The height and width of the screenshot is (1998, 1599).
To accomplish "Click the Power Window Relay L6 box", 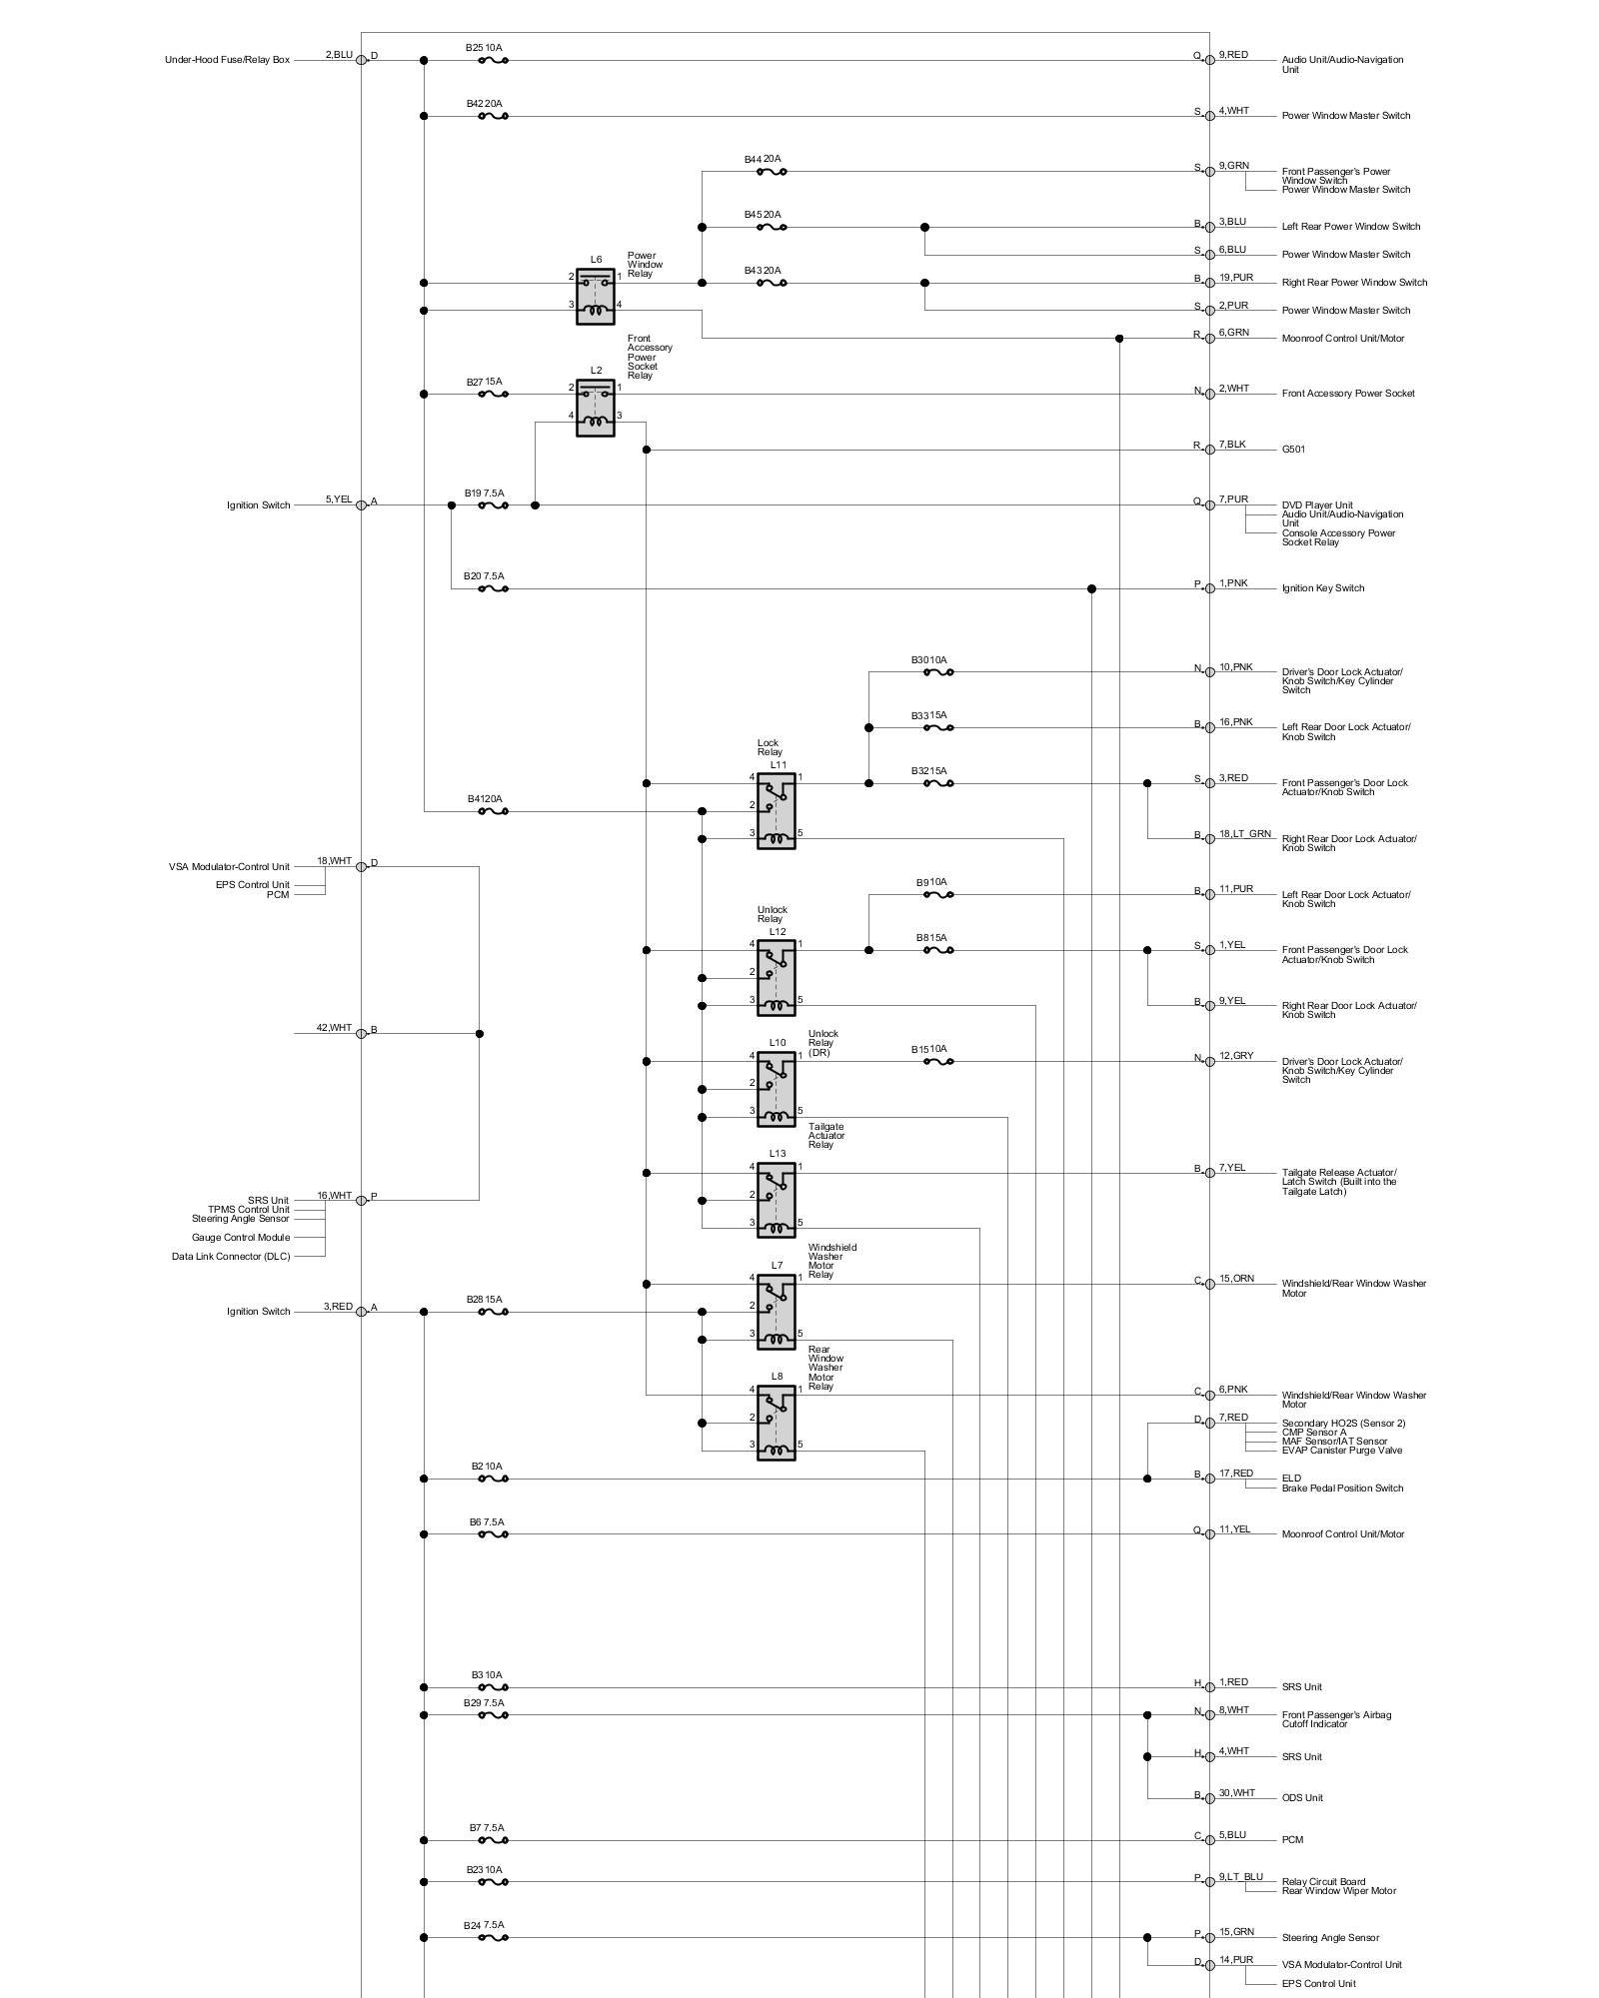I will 596,297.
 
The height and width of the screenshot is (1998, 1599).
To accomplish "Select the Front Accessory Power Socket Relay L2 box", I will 596,408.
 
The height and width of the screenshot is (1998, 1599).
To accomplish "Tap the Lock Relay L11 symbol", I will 777,811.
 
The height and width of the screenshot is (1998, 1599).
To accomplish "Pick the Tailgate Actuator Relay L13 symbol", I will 777,1200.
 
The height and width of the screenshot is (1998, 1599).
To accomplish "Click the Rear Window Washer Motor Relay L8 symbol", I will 777,1423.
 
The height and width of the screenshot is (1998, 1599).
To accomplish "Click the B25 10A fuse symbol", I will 493,60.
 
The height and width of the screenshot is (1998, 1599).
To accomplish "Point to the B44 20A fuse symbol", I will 771,172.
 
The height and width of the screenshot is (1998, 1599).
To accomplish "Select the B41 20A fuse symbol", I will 493,811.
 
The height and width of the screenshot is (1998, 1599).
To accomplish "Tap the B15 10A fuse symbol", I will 937,1061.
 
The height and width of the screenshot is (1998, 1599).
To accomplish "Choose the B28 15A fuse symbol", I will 493,1312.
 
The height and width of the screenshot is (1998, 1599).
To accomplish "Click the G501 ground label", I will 1293,450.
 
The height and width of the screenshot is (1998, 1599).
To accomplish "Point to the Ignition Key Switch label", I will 1322,588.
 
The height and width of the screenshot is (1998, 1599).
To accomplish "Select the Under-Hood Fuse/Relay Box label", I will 227,60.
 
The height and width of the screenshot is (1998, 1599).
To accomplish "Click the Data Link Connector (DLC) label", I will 231,1257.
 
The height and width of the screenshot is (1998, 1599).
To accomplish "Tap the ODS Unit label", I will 1302,1798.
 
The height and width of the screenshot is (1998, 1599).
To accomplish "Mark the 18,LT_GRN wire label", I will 1244,833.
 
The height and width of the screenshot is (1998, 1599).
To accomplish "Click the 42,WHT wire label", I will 334,1028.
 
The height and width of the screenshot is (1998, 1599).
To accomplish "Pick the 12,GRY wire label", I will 1235,1056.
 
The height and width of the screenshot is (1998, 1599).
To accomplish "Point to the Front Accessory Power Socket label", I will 1348,394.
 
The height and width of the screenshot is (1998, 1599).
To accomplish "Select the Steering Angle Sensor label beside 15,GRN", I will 1330,1938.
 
